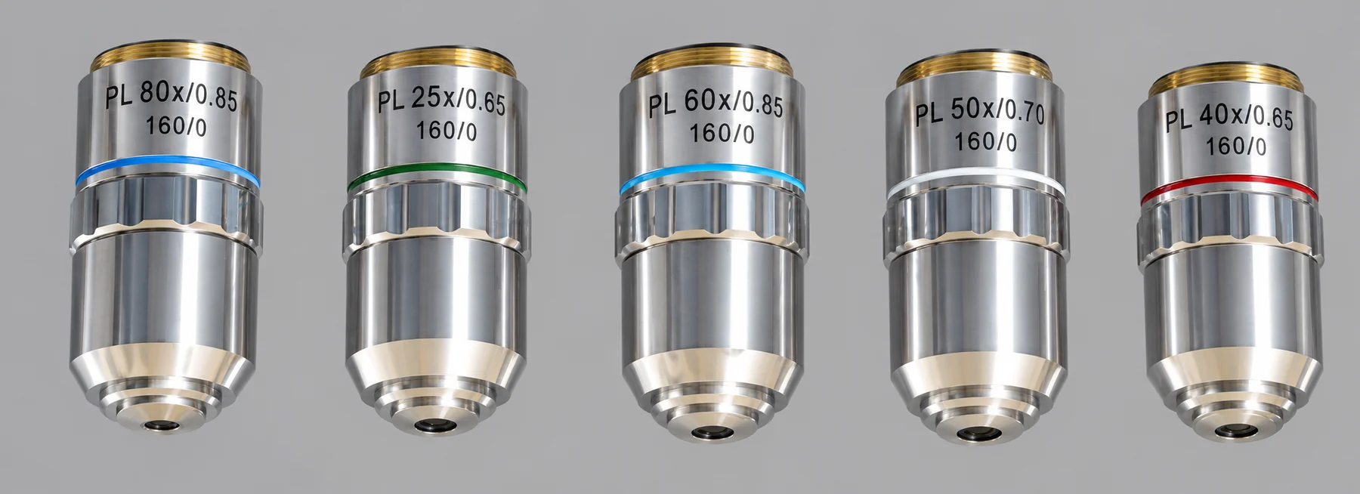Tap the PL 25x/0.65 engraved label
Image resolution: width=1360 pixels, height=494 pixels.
tap(440, 105)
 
